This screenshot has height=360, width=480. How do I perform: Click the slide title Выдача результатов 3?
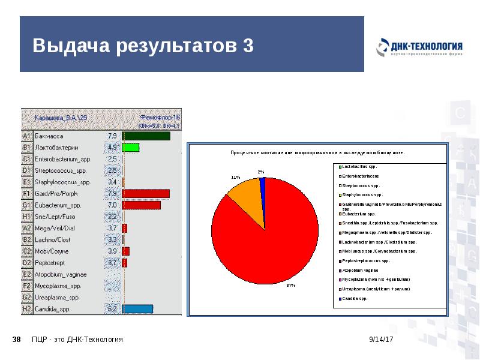(143, 46)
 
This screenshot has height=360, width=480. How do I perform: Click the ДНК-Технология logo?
(419, 48)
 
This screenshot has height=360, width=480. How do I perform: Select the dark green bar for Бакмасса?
(146, 136)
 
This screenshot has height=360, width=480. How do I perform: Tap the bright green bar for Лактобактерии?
(131, 148)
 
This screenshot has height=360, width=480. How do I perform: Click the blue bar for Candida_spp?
(137, 309)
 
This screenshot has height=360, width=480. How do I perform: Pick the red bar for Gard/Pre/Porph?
(146, 194)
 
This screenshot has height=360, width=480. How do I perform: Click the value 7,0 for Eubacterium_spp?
(112, 205)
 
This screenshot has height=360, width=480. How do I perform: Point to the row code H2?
(26, 309)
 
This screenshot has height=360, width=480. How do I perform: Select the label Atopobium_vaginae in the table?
(61, 274)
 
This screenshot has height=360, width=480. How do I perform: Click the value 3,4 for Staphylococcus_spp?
(112, 182)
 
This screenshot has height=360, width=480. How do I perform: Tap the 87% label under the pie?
(291, 286)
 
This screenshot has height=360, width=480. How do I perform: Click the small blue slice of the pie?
(262, 183)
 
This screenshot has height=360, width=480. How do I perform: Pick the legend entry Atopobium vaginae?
(362, 270)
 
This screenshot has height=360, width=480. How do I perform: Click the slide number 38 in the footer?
(17, 340)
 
